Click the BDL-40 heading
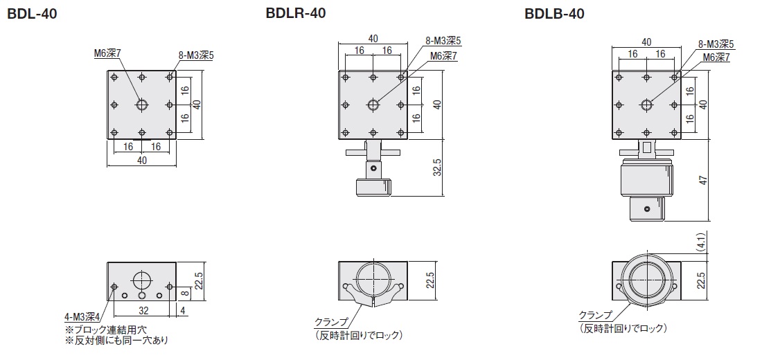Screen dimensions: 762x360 point(33,15)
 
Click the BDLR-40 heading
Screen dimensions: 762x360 point(296,13)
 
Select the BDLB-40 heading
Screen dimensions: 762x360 point(554,14)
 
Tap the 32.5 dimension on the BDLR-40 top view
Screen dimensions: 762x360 point(437,167)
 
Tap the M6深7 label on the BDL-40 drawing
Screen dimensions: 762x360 point(107,55)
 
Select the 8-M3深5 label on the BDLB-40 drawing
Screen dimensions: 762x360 point(716,44)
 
